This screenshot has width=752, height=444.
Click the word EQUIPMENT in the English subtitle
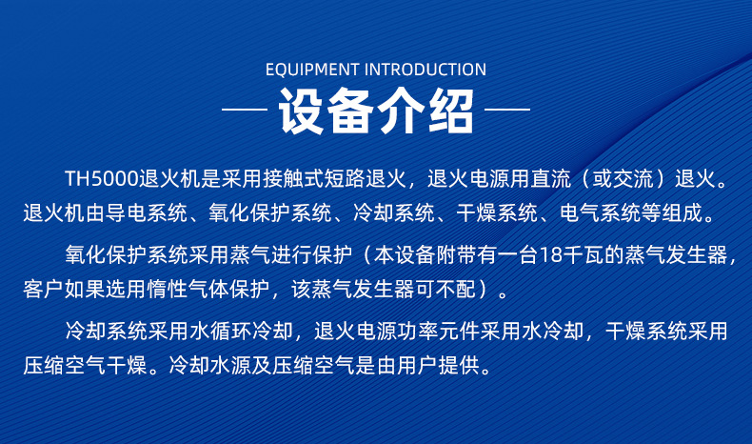tap(312, 70)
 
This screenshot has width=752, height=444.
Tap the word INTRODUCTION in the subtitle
tap(425, 70)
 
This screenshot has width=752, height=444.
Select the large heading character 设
tap(301, 111)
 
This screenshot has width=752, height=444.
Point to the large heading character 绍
tap(451, 111)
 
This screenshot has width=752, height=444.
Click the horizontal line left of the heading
tap(244, 110)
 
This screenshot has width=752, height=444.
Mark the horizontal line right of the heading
tap(507, 110)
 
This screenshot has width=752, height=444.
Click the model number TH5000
tap(102, 179)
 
